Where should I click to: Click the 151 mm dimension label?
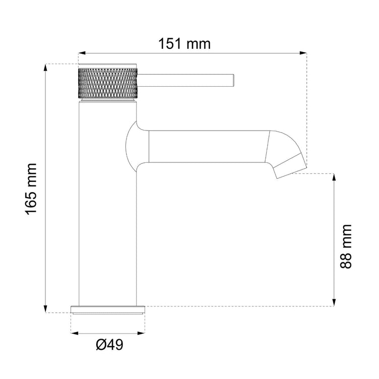point(184,44)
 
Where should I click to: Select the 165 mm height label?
point(31,189)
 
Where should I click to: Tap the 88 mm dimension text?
point(346,246)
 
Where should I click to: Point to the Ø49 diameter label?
point(109,344)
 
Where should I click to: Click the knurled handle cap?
point(108,83)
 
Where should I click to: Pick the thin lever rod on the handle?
point(185,80)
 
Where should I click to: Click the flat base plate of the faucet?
point(108,309)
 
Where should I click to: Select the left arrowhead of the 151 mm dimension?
point(82,53)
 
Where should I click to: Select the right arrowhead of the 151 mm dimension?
point(303,53)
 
